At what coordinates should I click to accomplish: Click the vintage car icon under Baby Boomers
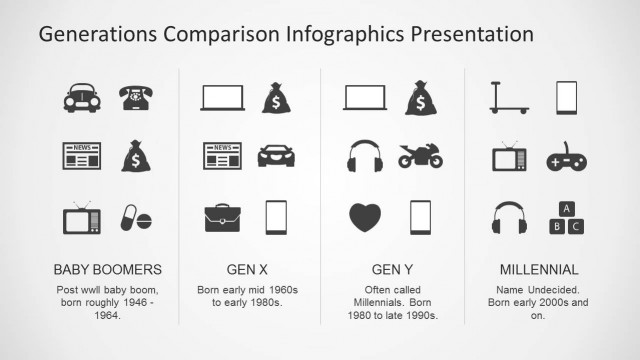pyautogui.click(x=80, y=97)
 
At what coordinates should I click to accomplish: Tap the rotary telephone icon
pyautogui.click(x=135, y=97)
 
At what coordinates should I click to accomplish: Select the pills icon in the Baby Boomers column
pyautogui.click(x=135, y=217)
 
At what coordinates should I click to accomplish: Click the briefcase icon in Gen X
pyautogui.click(x=221, y=217)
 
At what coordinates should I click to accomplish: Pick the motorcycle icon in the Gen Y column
pyautogui.click(x=420, y=156)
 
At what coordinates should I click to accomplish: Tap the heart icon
pyautogui.click(x=364, y=217)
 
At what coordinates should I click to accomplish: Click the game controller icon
pyautogui.click(x=566, y=158)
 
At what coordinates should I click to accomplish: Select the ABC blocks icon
pyautogui.click(x=566, y=217)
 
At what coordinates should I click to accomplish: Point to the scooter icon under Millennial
pyautogui.click(x=509, y=97)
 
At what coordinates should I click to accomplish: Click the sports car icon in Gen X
pyautogui.click(x=276, y=156)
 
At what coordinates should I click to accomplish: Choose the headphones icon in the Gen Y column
pyautogui.click(x=364, y=156)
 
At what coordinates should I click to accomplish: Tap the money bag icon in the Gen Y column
pyautogui.click(x=420, y=97)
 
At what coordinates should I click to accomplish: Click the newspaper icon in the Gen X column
pyautogui.click(x=221, y=156)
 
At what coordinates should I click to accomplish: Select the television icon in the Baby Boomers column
pyautogui.click(x=80, y=217)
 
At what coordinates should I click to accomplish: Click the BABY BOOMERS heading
pyautogui.click(x=107, y=270)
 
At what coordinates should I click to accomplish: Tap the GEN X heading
pyautogui.click(x=249, y=270)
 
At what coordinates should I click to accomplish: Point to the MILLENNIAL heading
pyautogui.click(x=539, y=270)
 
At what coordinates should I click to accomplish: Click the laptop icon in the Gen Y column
pyautogui.click(x=364, y=97)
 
